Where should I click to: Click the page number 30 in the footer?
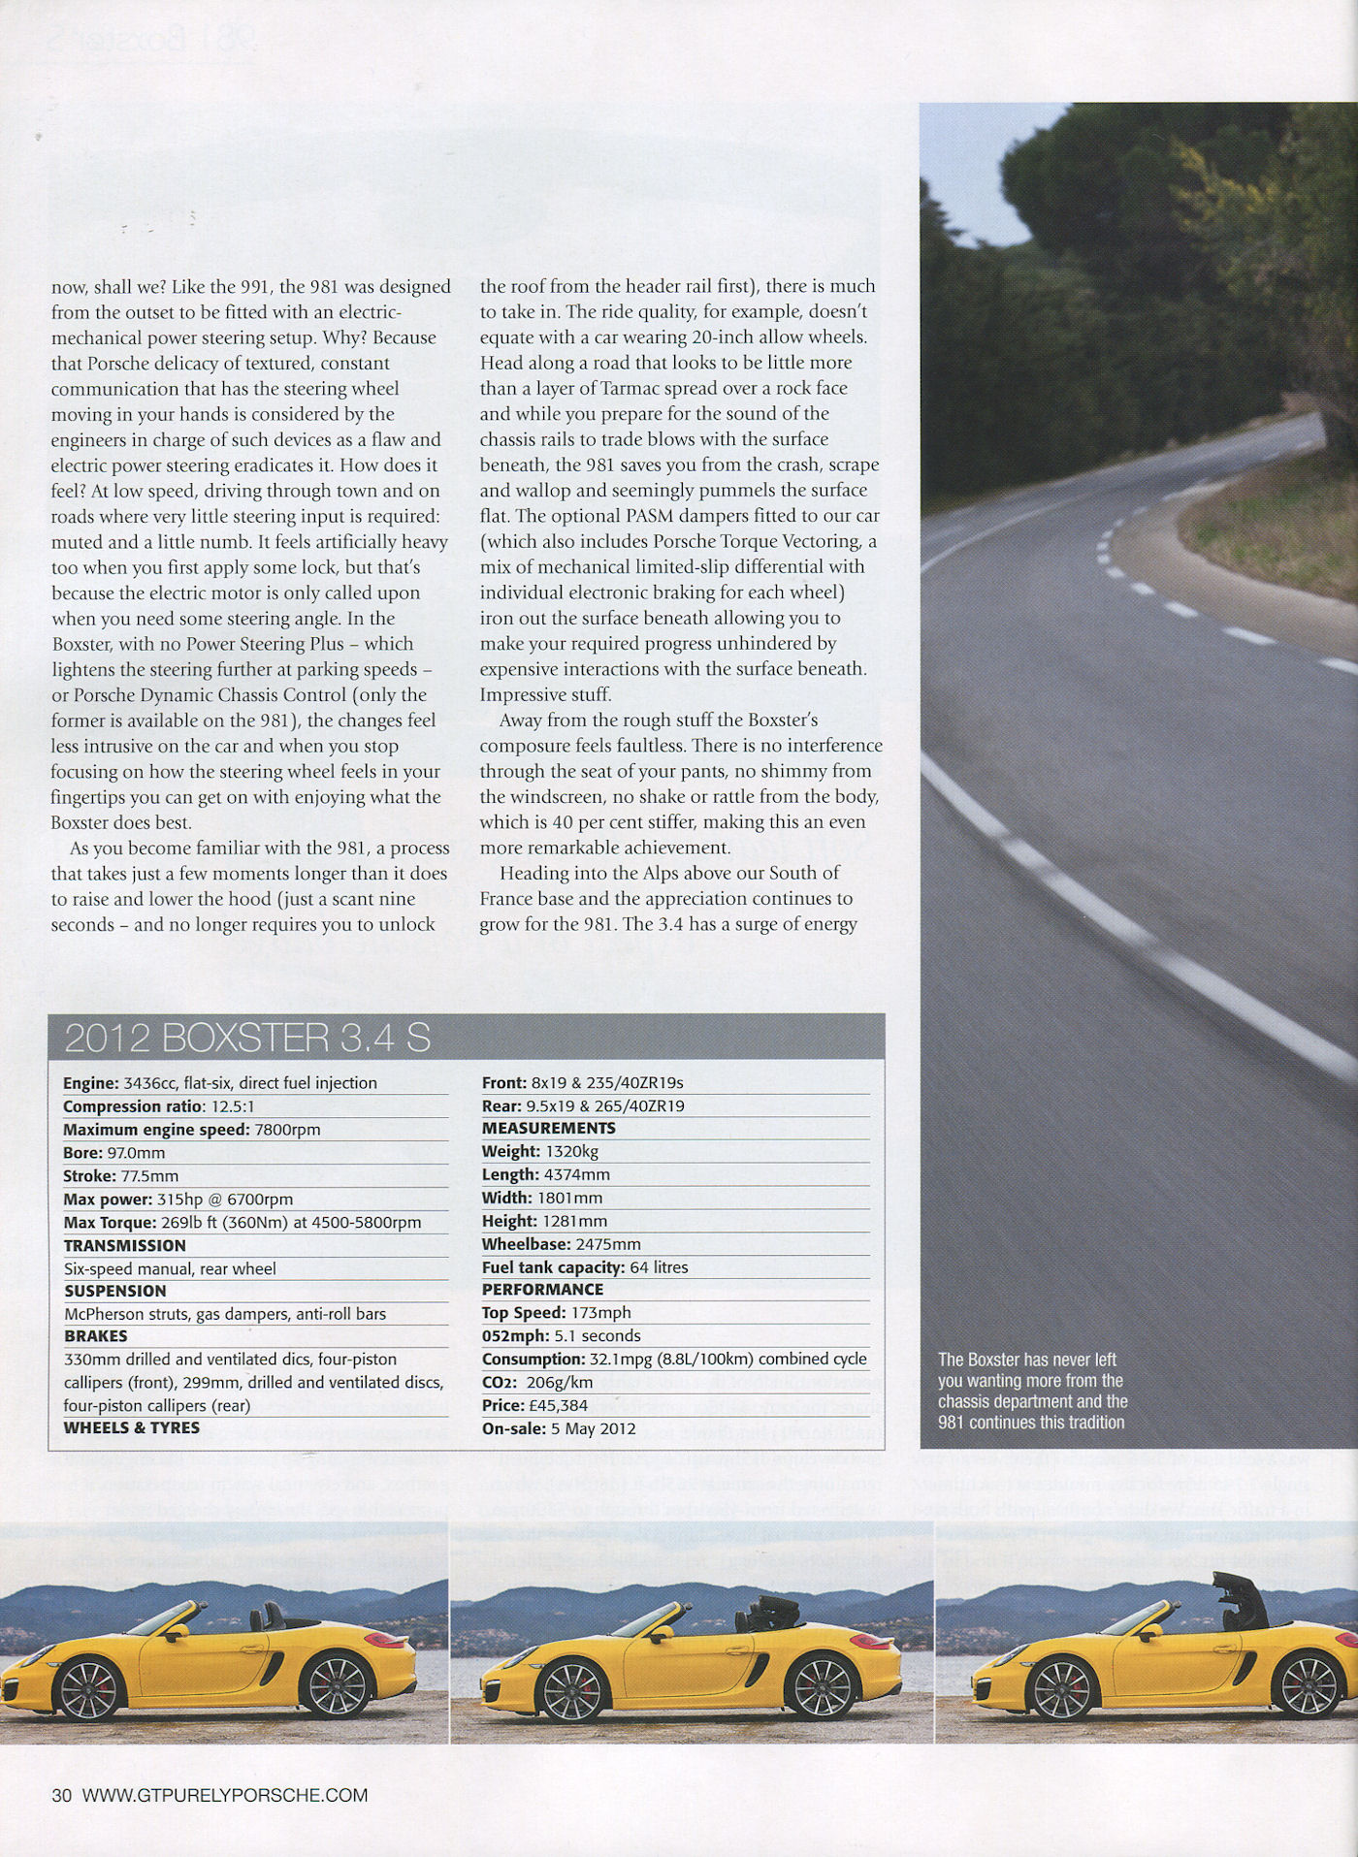pos(62,1795)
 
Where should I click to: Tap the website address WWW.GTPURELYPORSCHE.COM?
pos(225,1795)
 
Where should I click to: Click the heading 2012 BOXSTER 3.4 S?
pos(246,1039)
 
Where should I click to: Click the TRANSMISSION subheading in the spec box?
pos(124,1245)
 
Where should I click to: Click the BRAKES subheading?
pos(96,1336)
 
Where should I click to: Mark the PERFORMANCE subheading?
pos(542,1290)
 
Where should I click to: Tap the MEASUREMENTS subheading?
pos(548,1128)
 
